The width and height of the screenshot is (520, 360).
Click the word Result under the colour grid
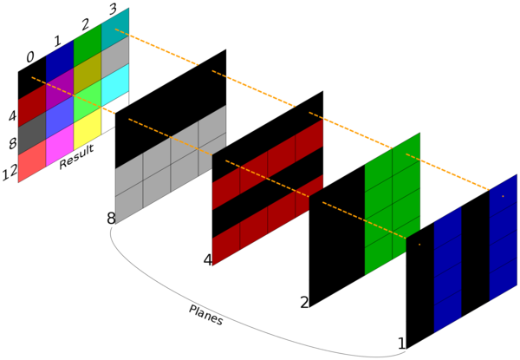[x=76, y=157]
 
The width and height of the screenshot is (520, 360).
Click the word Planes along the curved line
[x=206, y=315]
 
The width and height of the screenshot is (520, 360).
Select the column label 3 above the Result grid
[x=113, y=9]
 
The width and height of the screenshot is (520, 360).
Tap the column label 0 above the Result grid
[x=30, y=57]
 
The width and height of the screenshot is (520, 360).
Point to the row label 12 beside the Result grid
[x=10, y=173]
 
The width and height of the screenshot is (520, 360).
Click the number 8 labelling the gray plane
[x=111, y=219]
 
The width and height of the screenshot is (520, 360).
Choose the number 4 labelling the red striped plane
[x=208, y=260]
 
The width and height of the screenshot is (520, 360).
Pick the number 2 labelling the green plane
[x=304, y=302]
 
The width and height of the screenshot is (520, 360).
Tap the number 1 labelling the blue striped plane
[x=401, y=344]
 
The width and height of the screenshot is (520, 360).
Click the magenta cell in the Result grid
[x=60, y=145]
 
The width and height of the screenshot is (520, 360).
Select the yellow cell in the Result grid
[x=88, y=128]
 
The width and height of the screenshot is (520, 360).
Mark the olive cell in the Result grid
[x=88, y=73]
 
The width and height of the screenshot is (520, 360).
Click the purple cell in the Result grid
[x=60, y=89]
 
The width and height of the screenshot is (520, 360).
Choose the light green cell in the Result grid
[x=88, y=101]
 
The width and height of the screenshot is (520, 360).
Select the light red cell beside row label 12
[x=32, y=160]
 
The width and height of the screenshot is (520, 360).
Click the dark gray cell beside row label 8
[x=32, y=133]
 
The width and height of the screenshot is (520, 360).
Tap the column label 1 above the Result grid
[x=58, y=41]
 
